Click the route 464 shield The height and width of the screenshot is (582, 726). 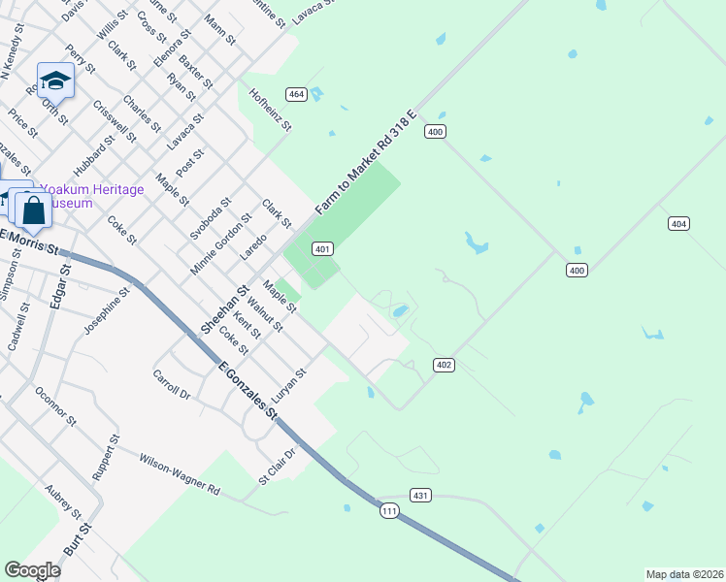[x=297, y=94]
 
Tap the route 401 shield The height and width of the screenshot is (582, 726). [x=324, y=249]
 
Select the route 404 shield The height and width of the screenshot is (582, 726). [x=679, y=224]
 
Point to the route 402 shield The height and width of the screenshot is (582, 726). [x=444, y=365]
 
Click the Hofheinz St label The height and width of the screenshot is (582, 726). [x=271, y=110]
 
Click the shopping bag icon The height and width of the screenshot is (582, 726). [x=33, y=210]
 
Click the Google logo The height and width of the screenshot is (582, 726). [x=32, y=570]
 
